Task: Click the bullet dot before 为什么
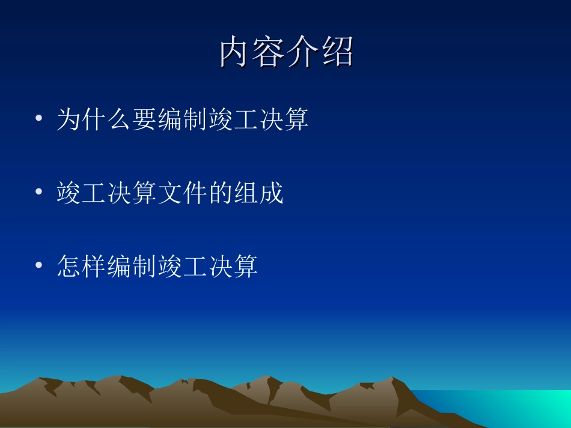(39, 119)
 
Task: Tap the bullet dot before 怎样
(39, 265)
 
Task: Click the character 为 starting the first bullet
(69, 120)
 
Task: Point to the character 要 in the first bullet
(145, 120)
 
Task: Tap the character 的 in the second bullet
(221, 193)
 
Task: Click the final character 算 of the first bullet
(296, 120)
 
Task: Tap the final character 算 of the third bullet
(246, 267)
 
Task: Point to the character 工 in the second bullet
(94, 193)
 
